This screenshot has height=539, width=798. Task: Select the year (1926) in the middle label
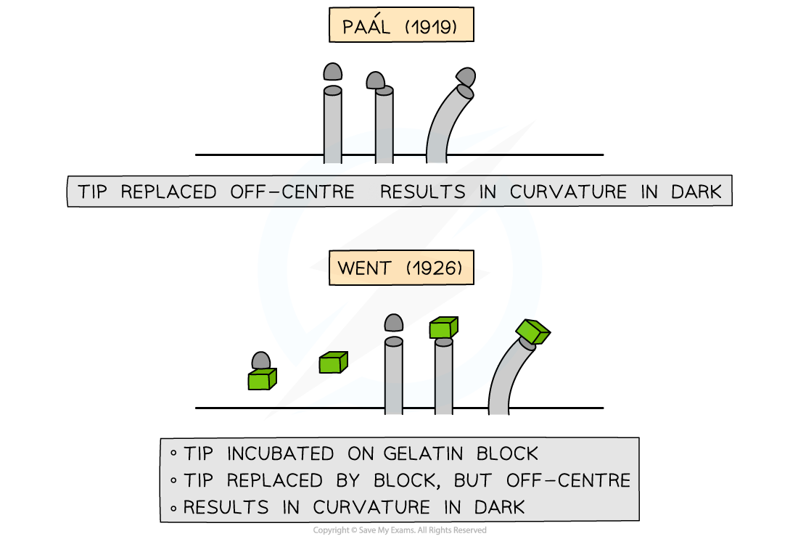coord(433,268)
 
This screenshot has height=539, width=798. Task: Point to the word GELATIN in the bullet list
coord(406,454)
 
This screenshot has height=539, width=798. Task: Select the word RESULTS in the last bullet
coord(230,506)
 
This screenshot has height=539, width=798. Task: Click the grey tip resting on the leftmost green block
coord(261,361)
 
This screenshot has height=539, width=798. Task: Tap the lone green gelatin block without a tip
coord(333,362)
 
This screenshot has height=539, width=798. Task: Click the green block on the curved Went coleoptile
coord(532,331)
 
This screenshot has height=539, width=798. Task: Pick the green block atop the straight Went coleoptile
coord(443,329)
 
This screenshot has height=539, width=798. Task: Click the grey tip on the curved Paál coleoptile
coord(466,78)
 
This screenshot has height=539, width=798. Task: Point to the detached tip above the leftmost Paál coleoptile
coord(332,71)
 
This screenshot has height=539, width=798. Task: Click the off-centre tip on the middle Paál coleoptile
coord(375,81)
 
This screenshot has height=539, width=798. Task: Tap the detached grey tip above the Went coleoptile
coord(394,324)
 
